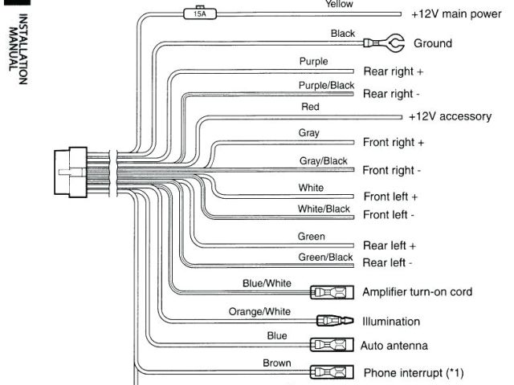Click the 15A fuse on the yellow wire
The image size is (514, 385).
[195, 14]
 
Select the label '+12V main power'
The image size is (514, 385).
[452, 14]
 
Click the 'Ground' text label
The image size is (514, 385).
[432, 43]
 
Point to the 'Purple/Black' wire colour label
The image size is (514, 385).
[326, 85]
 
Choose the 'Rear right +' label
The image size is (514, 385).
[393, 71]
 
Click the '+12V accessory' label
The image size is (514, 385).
[450, 116]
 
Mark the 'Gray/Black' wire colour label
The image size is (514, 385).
[323, 161]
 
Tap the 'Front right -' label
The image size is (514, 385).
[391, 170]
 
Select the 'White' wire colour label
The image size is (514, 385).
[311, 188]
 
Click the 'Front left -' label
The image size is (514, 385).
[389, 215]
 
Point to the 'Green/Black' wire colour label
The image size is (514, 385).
[325, 257]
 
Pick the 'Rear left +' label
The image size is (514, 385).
[390, 245]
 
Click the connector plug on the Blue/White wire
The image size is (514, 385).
[330, 292]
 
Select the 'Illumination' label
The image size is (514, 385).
[392, 322]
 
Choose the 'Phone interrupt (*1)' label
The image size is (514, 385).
[414, 373]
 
